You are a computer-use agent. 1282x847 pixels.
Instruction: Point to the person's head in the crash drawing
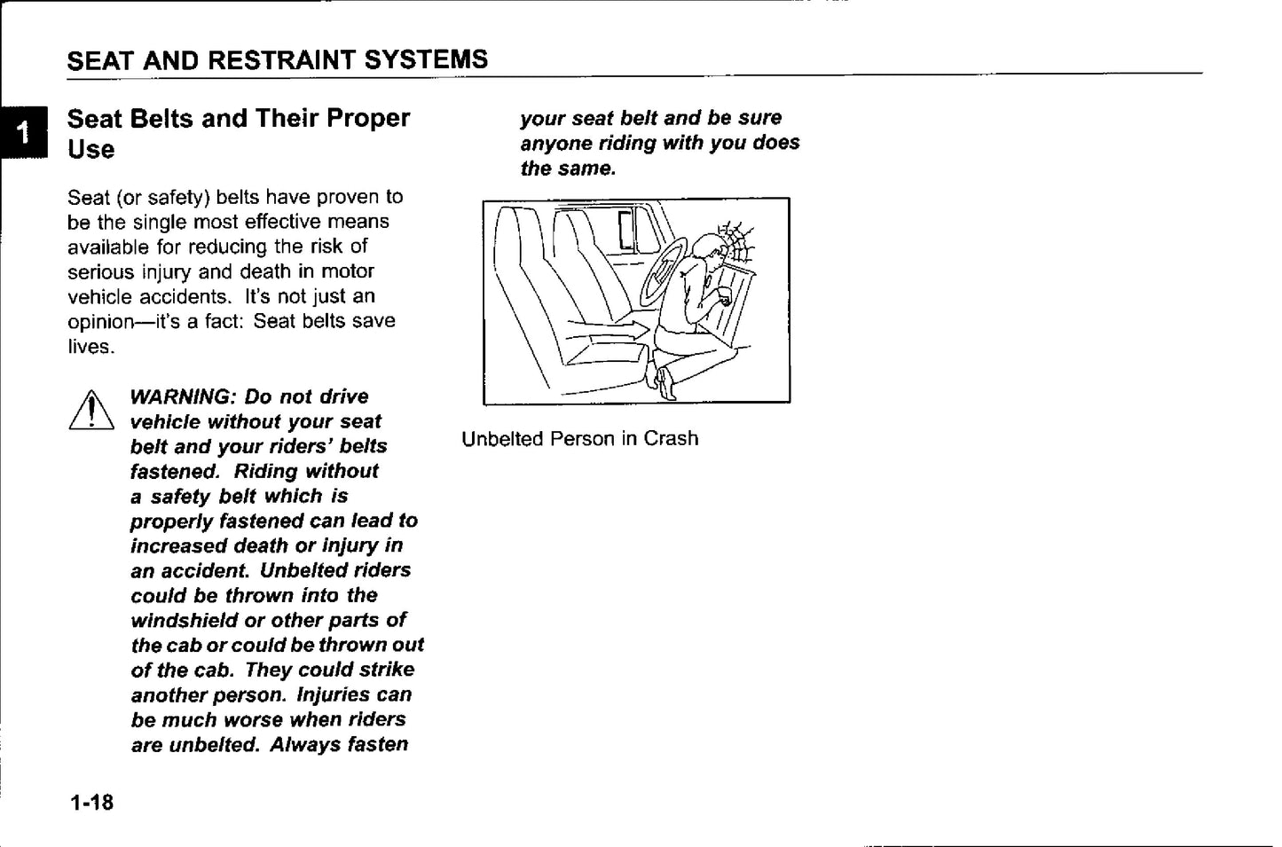point(708,251)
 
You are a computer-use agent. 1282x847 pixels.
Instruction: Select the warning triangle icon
point(90,412)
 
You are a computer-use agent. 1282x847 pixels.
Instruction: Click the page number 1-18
point(92,803)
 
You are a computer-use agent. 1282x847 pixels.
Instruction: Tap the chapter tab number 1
point(24,132)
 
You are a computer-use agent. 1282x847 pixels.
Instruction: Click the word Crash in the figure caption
point(672,438)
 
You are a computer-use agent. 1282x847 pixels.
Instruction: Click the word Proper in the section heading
point(368,118)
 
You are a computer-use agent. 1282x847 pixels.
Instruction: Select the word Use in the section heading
point(90,149)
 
